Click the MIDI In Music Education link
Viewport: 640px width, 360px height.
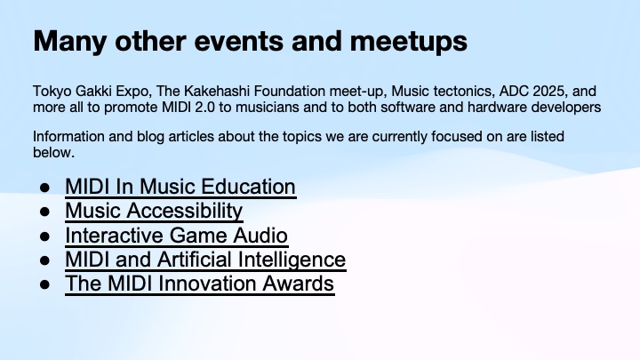[180, 188]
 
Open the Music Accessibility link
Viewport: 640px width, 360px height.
[153, 212]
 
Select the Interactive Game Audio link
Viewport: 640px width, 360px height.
[176, 236]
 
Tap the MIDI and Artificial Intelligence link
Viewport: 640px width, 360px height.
[204, 260]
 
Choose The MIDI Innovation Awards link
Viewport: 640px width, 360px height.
[199, 284]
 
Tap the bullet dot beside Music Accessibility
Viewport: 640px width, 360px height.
[44, 212]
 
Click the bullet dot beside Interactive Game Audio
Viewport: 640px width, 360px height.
[44, 236]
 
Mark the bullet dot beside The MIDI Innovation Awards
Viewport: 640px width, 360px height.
[44, 285]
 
